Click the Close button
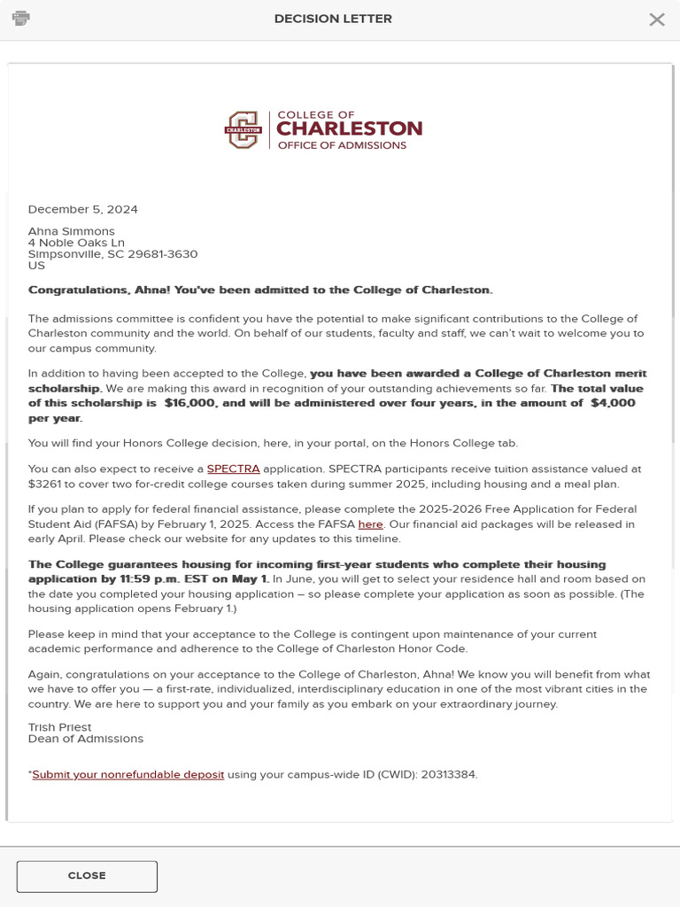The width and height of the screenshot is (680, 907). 87,876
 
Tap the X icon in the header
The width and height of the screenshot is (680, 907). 656,19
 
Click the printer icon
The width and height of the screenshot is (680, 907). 21,19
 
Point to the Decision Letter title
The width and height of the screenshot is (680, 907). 333,19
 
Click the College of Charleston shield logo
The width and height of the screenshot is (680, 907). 243,130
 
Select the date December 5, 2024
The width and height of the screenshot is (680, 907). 83,210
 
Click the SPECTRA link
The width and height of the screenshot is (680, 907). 233,469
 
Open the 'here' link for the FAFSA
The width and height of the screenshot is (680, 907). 370,524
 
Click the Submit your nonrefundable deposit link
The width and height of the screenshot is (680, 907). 128,775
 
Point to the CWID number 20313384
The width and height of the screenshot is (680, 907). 450,775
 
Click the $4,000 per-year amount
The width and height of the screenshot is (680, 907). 613,403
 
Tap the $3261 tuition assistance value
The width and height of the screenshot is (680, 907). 44,485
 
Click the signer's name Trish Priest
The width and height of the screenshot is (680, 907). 59,727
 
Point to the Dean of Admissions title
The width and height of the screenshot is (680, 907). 85,739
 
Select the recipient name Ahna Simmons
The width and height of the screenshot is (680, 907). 71,231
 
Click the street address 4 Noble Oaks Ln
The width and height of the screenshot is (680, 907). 76,243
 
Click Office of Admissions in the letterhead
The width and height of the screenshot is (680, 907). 342,145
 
